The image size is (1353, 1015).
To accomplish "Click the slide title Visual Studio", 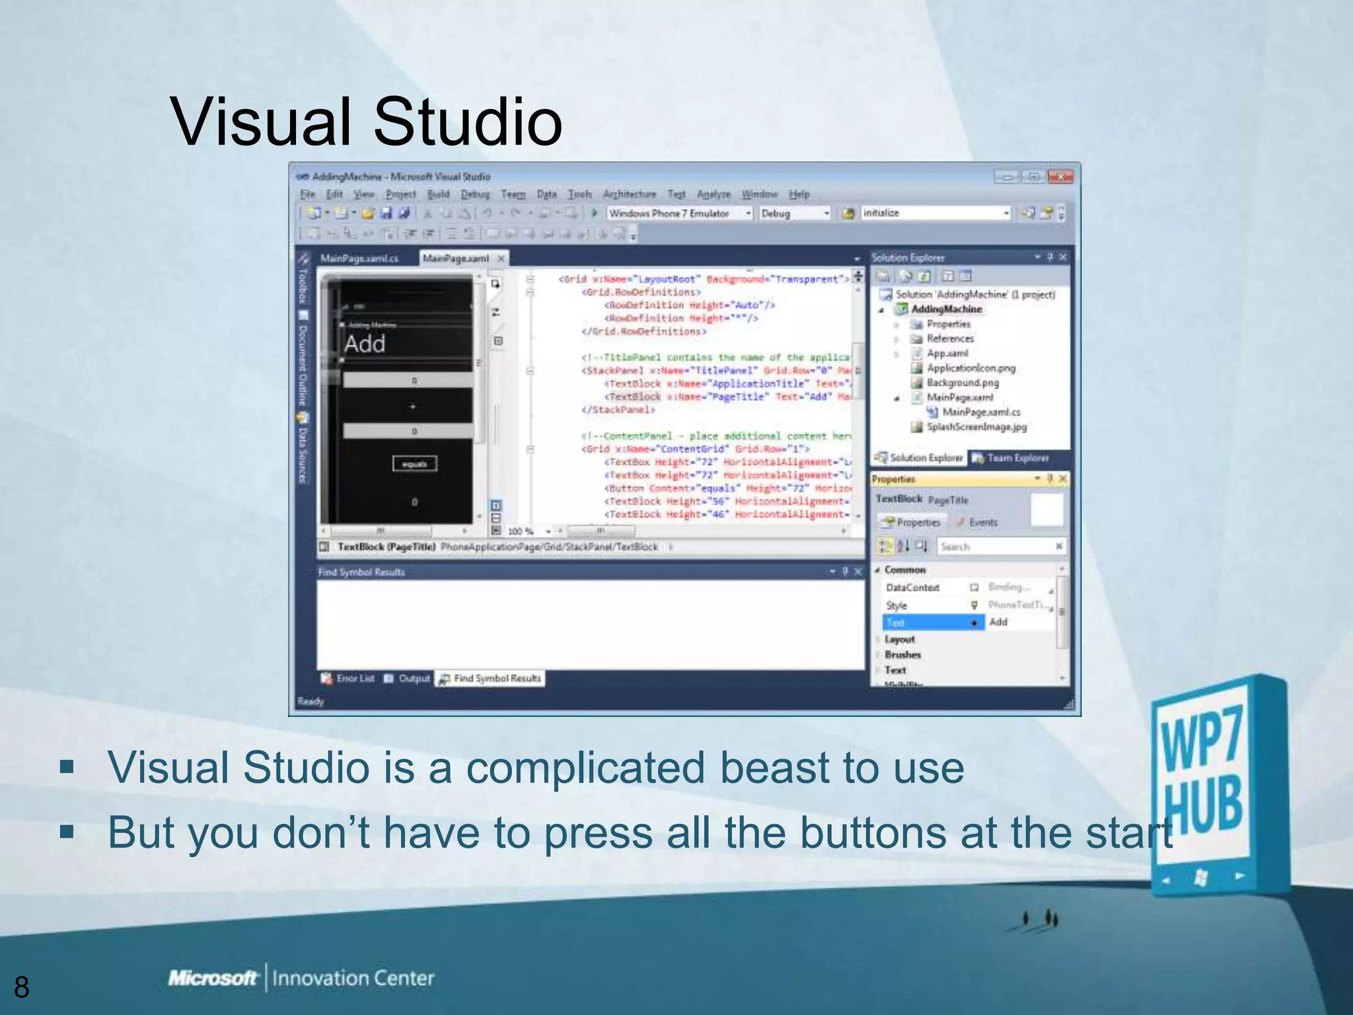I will click(366, 122).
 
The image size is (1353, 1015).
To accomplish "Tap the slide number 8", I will click(22, 987).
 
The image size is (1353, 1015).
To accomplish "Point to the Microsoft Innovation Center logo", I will click(301, 978).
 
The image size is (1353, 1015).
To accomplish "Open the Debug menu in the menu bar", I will click(475, 194).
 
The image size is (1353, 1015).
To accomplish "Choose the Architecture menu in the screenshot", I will click(629, 194).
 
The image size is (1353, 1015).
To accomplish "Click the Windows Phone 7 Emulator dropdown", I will click(679, 213).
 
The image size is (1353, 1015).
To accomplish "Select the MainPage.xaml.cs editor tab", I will click(359, 258).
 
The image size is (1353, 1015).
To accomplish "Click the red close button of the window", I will click(1060, 177).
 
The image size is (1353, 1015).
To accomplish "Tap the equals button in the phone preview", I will click(414, 464).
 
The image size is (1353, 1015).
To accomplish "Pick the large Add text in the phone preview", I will click(365, 344).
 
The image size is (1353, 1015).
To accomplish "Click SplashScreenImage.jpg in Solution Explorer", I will click(976, 427).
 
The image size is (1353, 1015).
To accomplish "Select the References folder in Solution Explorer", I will click(949, 339).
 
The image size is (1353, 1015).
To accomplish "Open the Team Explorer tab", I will click(1017, 458).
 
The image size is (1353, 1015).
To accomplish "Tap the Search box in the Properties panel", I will click(994, 546).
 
